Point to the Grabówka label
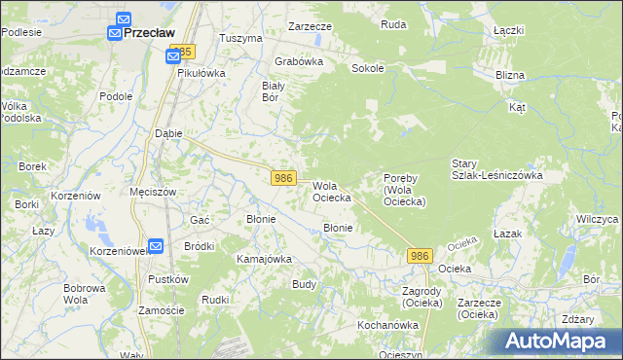(x=298, y=60)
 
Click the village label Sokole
(x=368, y=69)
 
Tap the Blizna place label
(x=509, y=75)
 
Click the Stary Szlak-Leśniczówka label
(x=496, y=169)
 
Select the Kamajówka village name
(x=264, y=259)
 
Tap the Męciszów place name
(x=153, y=192)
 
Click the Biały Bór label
(x=274, y=90)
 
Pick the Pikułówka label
(x=202, y=73)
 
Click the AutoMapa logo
(x=557, y=341)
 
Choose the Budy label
(x=304, y=285)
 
